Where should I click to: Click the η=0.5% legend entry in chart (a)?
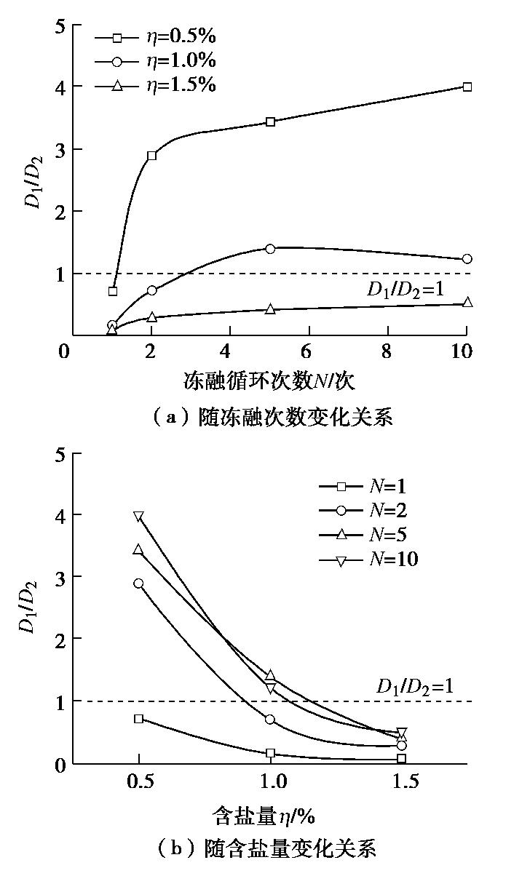[x=156, y=36]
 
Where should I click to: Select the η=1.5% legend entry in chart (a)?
[x=156, y=85]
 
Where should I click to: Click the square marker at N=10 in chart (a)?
[x=467, y=87]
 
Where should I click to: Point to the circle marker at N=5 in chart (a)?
[x=270, y=249]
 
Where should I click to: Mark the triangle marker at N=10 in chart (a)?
[x=467, y=302]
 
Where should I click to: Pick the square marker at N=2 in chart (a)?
[x=151, y=156]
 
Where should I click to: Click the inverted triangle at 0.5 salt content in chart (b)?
[x=138, y=516]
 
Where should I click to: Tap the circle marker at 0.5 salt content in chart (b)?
[x=138, y=584]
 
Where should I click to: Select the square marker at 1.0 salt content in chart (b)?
[x=270, y=753]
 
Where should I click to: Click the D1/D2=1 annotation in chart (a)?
[x=406, y=290]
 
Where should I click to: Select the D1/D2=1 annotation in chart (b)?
[x=415, y=685]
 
